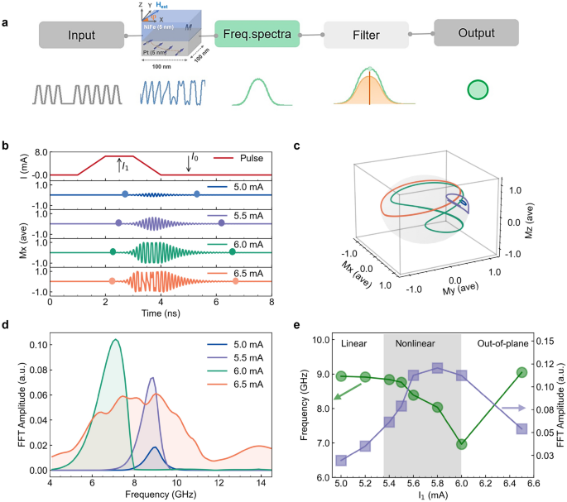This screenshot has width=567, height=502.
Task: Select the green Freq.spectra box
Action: pyautogui.click(x=256, y=36)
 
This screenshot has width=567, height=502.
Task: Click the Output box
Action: pyautogui.click(x=477, y=34)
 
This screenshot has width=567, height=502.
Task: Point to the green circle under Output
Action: pyautogui.click(x=478, y=89)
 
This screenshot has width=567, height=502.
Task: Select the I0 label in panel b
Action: pyautogui.click(x=195, y=156)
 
